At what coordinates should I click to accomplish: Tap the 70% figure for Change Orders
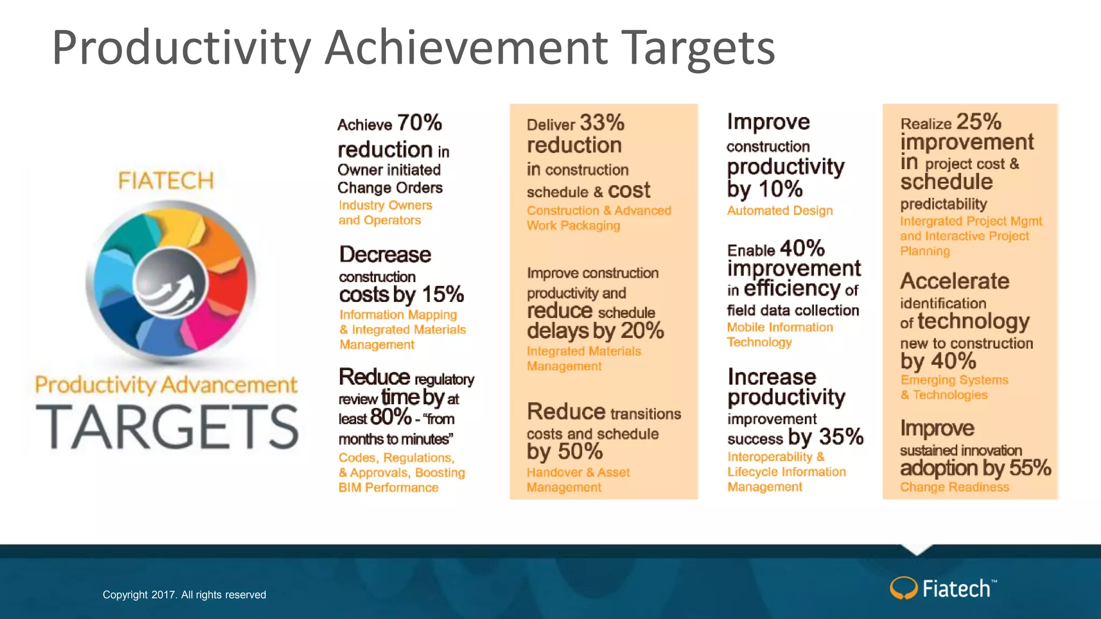click(419, 123)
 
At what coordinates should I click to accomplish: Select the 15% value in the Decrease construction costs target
click(442, 294)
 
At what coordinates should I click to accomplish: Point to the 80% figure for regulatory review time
click(390, 417)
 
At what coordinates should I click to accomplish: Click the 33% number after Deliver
click(602, 123)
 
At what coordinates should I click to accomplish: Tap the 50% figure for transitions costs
click(579, 451)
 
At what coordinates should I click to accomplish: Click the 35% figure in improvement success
click(841, 436)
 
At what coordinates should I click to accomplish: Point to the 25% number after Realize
click(978, 122)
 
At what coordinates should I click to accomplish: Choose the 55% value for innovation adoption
click(1029, 467)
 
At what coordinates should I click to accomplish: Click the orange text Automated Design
click(780, 211)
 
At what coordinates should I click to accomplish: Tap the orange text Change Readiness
click(954, 487)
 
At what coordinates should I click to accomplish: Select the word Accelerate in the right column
click(955, 281)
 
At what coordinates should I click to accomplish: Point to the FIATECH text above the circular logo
click(166, 181)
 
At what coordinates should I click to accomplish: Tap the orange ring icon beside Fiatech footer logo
click(903, 588)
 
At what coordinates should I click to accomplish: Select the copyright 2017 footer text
click(184, 595)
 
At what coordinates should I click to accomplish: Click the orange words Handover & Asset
click(578, 472)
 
